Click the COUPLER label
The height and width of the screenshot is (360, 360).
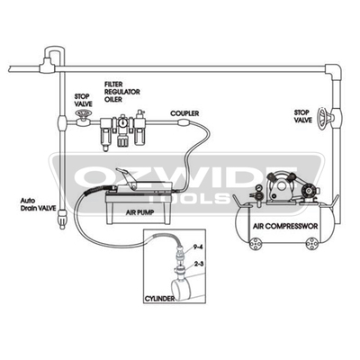coord(184,113)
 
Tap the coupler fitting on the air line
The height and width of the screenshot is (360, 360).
coord(184,122)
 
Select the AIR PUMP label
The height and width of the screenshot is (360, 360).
coord(139,212)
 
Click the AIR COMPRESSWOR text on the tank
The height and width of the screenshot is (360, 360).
coord(285,226)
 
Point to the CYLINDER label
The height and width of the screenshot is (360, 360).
coord(159,299)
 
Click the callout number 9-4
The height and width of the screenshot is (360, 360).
coord(199,247)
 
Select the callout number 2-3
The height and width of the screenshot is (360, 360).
coord(199,264)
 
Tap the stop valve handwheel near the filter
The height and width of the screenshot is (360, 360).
coord(82,113)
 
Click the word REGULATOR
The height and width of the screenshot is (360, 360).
coord(122,92)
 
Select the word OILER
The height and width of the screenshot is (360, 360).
coord(113,99)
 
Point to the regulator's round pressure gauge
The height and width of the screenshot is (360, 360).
coord(122,123)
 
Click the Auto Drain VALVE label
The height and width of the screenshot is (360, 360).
coord(38,204)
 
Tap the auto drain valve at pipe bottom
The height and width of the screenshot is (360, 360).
coord(62,217)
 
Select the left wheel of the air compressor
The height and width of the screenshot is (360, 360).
coord(256,243)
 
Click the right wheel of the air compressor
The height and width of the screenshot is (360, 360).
coord(312,243)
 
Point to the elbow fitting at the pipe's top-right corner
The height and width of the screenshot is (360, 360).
coord(333,72)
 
